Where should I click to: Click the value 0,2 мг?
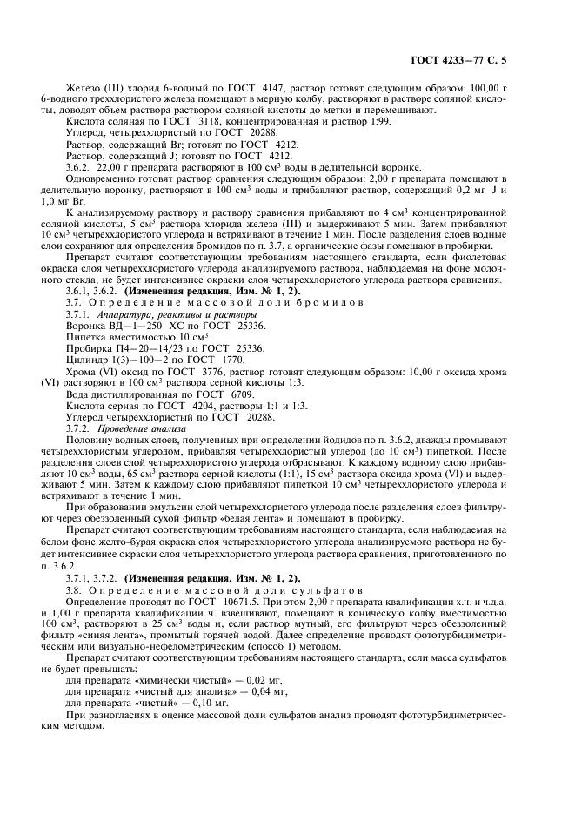(x=467, y=189)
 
